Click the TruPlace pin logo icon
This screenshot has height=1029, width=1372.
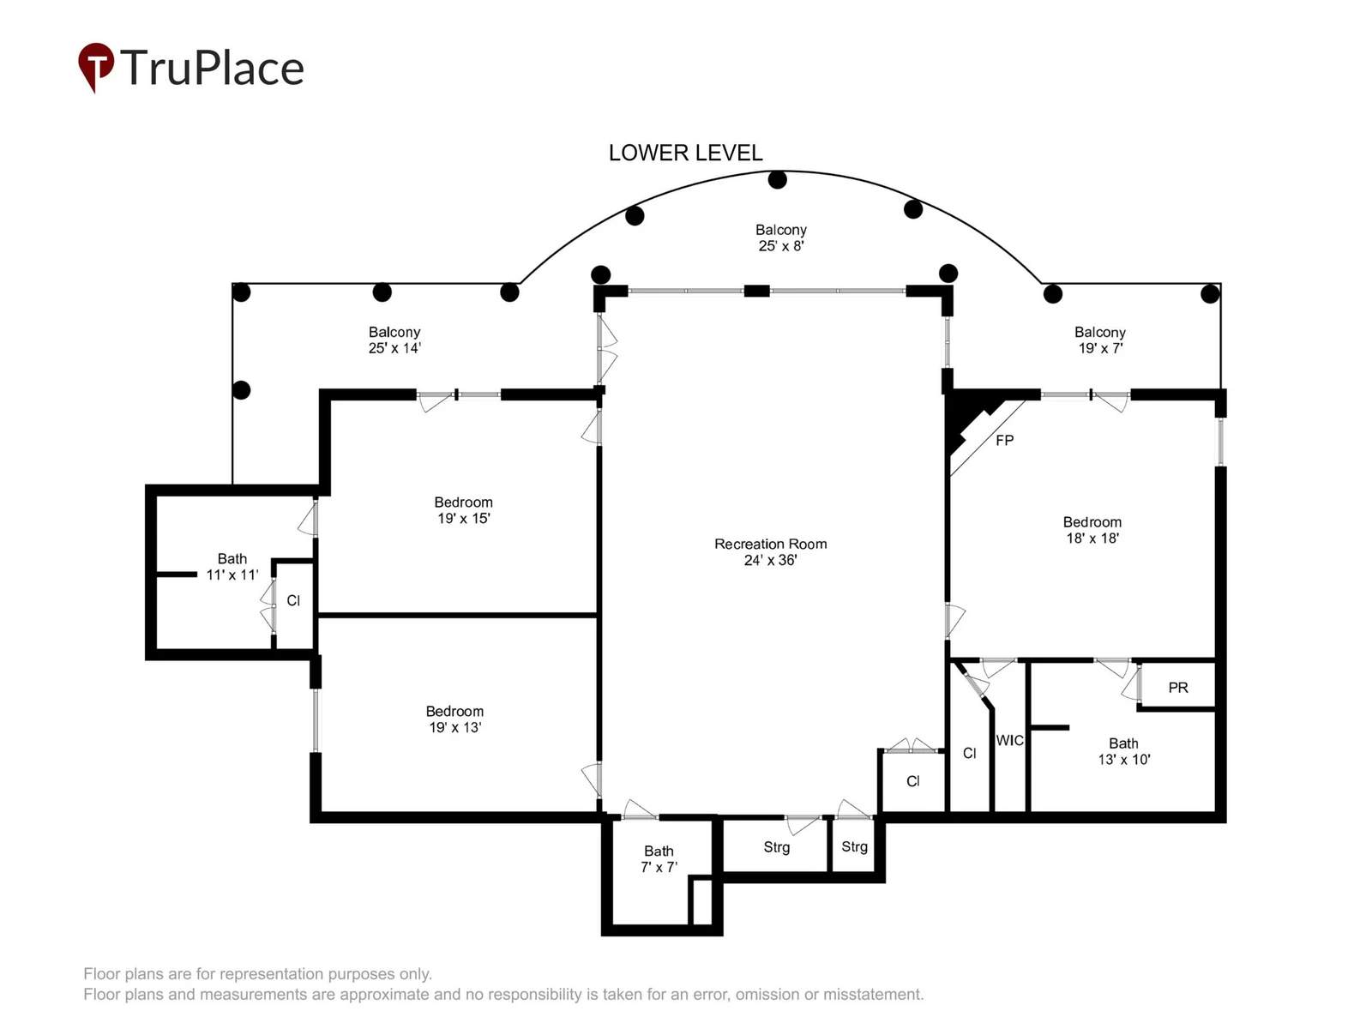tap(96, 67)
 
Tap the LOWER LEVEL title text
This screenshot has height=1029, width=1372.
tap(685, 153)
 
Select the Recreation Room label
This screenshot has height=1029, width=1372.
tap(770, 545)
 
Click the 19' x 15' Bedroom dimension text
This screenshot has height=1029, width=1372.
tap(463, 519)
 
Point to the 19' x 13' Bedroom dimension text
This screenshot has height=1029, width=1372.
tap(454, 727)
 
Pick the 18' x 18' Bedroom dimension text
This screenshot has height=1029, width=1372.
tap(1092, 538)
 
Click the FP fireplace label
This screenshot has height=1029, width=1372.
tap(1004, 441)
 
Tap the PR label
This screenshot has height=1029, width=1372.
tap(1177, 687)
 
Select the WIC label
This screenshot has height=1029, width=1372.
tap(1009, 740)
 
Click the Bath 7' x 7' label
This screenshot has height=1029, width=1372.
tap(659, 859)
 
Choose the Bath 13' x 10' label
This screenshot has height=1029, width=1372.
tap(1124, 752)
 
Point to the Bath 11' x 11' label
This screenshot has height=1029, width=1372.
tap(232, 567)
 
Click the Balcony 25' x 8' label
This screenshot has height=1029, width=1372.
tap(780, 238)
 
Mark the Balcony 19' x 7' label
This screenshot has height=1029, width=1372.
tap(1099, 340)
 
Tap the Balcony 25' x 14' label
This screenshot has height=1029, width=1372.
tap(394, 340)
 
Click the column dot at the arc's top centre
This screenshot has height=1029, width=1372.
tap(777, 180)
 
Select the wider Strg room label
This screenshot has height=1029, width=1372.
tap(776, 847)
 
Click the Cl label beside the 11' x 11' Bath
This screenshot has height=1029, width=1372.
tap(293, 600)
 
